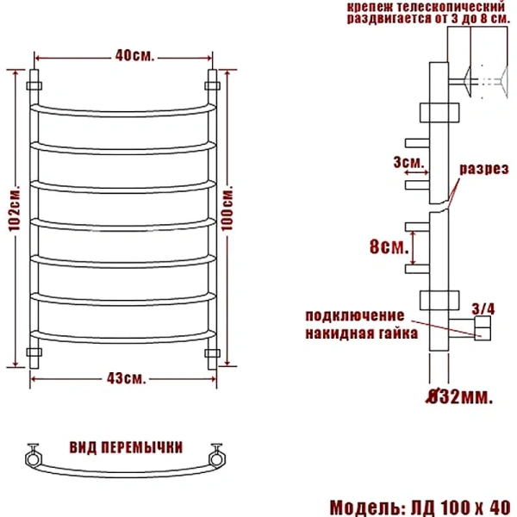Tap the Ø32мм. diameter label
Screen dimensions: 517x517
pos(460,397)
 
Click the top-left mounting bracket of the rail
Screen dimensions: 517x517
pos(35,85)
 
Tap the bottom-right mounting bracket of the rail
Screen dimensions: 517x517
pos(211,353)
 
